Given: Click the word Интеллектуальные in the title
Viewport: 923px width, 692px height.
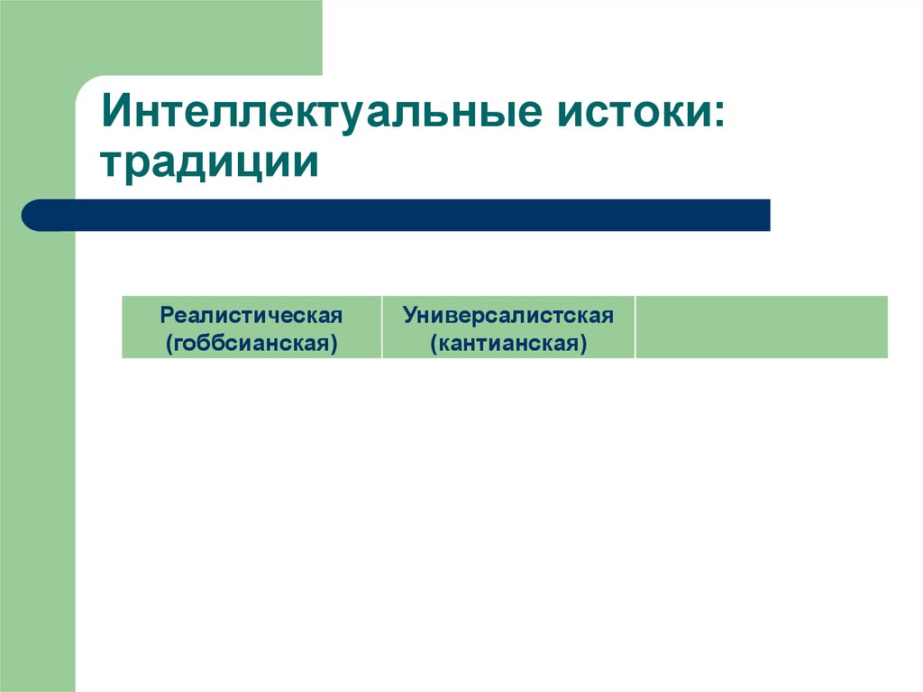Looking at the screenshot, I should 321,117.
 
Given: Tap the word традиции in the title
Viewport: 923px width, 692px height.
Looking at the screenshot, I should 211,164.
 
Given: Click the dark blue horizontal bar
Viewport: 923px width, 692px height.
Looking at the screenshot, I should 397,215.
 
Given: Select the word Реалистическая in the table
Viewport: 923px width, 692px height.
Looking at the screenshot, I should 251,315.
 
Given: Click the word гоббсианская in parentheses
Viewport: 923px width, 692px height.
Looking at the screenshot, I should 251,343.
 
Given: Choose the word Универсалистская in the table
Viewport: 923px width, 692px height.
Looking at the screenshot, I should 508,315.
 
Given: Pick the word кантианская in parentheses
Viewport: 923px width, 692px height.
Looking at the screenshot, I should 508,343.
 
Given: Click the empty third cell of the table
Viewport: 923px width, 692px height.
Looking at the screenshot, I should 761,327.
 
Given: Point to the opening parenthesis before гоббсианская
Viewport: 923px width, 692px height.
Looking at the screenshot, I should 169,344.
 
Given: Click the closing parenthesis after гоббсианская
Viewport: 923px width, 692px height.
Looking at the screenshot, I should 334,344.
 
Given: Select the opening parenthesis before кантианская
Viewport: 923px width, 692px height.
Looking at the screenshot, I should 434,344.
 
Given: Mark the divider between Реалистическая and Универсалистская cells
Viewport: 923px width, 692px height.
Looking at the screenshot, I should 381,327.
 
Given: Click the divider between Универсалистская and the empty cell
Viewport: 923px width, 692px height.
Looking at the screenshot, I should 635,327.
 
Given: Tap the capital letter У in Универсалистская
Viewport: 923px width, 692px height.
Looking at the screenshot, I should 410,315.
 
